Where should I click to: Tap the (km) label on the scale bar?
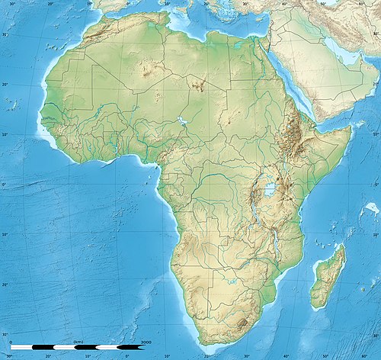coord(78,341)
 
